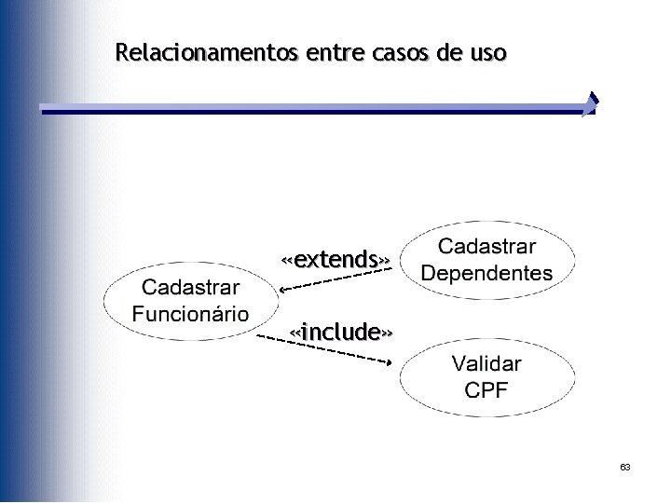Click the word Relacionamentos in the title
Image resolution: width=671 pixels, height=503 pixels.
(x=200, y=52)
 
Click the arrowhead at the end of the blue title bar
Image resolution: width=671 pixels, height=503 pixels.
(x=591, y=104)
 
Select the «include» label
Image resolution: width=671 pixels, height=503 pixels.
(x=340, y=331)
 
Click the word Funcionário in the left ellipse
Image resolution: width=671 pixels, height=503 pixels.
(x=191, y=313)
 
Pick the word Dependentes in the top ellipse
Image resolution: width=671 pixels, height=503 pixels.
(x=486, y=274)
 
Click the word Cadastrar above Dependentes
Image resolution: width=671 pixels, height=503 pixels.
(x=486, y=247)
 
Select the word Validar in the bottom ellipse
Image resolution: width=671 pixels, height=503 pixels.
(x=486, y=363)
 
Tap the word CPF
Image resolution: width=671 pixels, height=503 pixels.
(x=486, y=389)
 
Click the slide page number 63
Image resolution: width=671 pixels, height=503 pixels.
(x=625, y=467)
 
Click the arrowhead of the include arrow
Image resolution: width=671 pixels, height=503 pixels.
(x=390, y=361)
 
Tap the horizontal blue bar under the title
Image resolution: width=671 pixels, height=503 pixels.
(x=308, y=110)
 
